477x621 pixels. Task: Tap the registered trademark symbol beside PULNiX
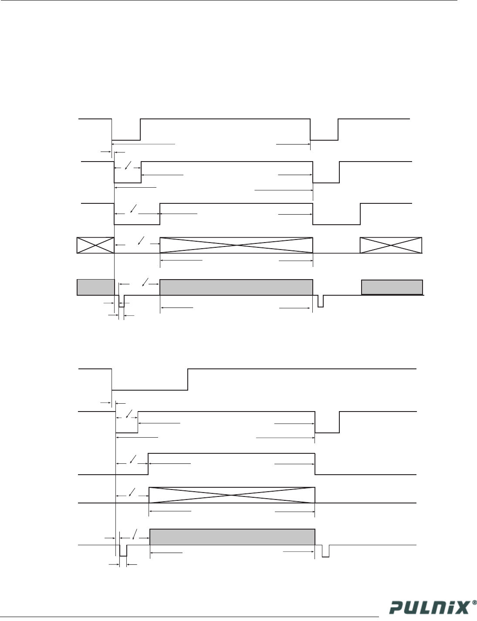[x=474, y=604]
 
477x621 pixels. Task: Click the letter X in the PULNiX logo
[x=463, y=607]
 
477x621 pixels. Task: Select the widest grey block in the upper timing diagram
[x=236, y=287]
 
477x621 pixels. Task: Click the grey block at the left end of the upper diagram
[x=95, y=287]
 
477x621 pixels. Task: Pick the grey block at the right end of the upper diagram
[x=392, y=287]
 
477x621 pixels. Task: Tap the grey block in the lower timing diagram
[x=232, y=537]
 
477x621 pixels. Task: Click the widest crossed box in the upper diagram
[x=236, y=245]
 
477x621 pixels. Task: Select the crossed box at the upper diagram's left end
[x=95, y=245]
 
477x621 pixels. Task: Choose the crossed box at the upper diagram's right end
[x=391, y=245]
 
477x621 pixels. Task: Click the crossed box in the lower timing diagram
[x=232, y=495]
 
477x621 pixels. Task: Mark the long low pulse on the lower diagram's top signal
[x=150, y=383]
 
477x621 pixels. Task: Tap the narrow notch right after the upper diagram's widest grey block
[x=321, y=301]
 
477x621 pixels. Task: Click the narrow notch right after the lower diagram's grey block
[x=325, y=551]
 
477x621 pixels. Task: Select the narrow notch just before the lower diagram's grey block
[x=123, y=551]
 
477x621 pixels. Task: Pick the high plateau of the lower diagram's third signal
[x=232, y=454]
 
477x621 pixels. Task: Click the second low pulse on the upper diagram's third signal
[x=337, y=219]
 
